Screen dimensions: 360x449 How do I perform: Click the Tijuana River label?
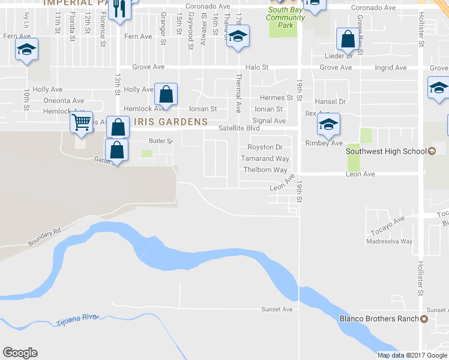pyautogui.click(x=77, y=321)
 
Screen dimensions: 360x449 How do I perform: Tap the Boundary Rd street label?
pyautogui.click(x=45, y=238)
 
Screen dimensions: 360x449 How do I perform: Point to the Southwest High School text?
pyautogui.click(x=386, y=151)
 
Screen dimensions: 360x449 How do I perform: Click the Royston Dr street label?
pyautogui.click(x=265, y=147)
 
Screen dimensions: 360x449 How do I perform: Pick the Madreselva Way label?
pyautogui.click(x=390, y=242)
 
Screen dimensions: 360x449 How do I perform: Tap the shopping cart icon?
pyautogui.click(x=81, y=122)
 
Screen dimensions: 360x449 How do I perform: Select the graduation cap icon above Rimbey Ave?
pyautogui.click(x=328, y=124)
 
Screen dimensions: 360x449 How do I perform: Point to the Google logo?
pyautogui.click(x=20, y=353)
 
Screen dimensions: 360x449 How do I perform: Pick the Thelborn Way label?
pyautogui.click(x=265, y=170)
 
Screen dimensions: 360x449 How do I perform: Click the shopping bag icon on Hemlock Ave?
pyautogui.click(x=166, y=94)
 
